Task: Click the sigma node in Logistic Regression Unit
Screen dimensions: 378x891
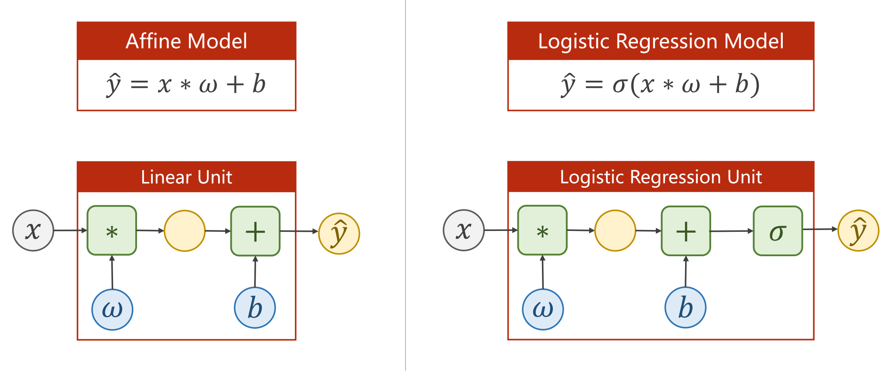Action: click(x=778, y=231)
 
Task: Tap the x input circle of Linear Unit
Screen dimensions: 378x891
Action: click(x=33, y=230)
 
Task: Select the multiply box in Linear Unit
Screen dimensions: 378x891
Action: click(x=112, y=230)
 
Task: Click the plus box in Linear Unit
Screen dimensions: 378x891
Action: click(x=255, y=231)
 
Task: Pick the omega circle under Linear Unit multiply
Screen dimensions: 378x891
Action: click(x=112, y=309)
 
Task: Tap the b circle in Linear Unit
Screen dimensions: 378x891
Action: click(x=255, y=308)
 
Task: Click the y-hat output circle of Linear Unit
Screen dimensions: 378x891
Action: click(x=339, y=234)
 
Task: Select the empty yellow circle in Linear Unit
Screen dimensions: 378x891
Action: click(x=185, y=231)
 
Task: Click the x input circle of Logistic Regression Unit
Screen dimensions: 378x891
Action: click(x=464, y=230)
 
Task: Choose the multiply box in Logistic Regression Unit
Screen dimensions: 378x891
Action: click(x=542, y=230)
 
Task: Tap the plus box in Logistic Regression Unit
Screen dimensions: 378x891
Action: click(x=686, y=231)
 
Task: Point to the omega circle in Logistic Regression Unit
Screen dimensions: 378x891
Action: click(x=543, y=309)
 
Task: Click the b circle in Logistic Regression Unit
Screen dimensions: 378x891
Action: click(x=685, y=307)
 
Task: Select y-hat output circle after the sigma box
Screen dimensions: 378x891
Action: click(x=858, y=231)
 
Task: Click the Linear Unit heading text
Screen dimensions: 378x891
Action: click(x=186, y=177)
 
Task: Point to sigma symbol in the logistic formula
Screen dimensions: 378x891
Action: click(x=620, y=85)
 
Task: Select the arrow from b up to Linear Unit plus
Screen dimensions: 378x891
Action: click(x=255, y=271)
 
